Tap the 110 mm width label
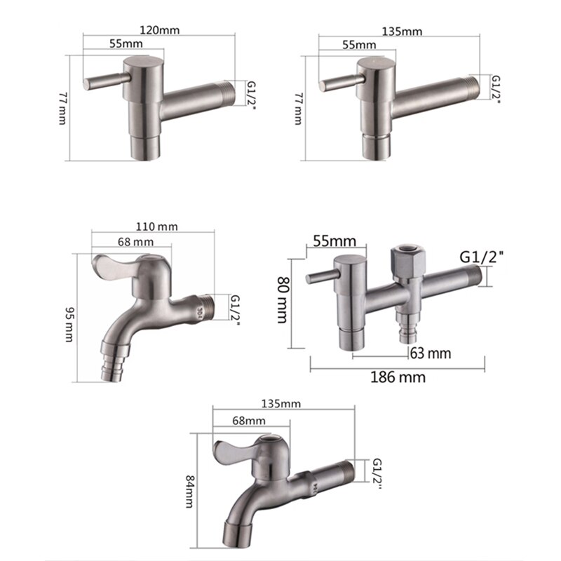point(158,226)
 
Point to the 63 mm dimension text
point(430,352)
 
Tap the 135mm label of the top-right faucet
point(403,31)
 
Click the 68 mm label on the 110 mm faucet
point(133,242)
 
